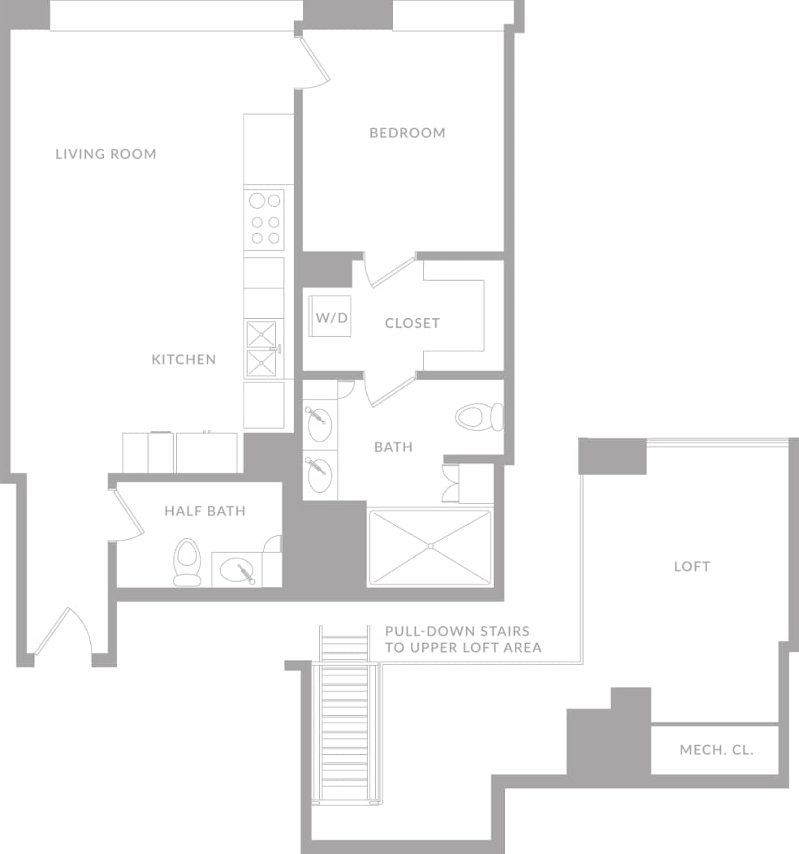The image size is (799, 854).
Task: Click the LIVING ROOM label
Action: [106, 154]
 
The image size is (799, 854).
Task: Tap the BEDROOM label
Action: [407, 133]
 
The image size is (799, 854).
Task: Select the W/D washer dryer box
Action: [330, 317]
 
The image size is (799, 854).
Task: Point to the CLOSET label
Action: [412, 323]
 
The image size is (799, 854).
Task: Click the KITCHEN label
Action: [184, 360]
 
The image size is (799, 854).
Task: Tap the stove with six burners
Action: [265, 219]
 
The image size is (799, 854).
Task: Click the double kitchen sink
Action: [261, 349]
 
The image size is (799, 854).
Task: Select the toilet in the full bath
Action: [479, 418]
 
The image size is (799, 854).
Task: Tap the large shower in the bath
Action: [430, 547]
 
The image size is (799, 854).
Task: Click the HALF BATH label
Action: [205, 511]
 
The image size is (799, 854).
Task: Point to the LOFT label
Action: [692, 567]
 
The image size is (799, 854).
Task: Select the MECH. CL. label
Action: [716, 749]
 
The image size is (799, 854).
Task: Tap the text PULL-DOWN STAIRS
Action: [457, 631]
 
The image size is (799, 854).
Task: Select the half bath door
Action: [126, 515]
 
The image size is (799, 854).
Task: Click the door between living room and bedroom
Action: [312, 63]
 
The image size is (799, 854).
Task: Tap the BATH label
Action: [393, 447]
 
